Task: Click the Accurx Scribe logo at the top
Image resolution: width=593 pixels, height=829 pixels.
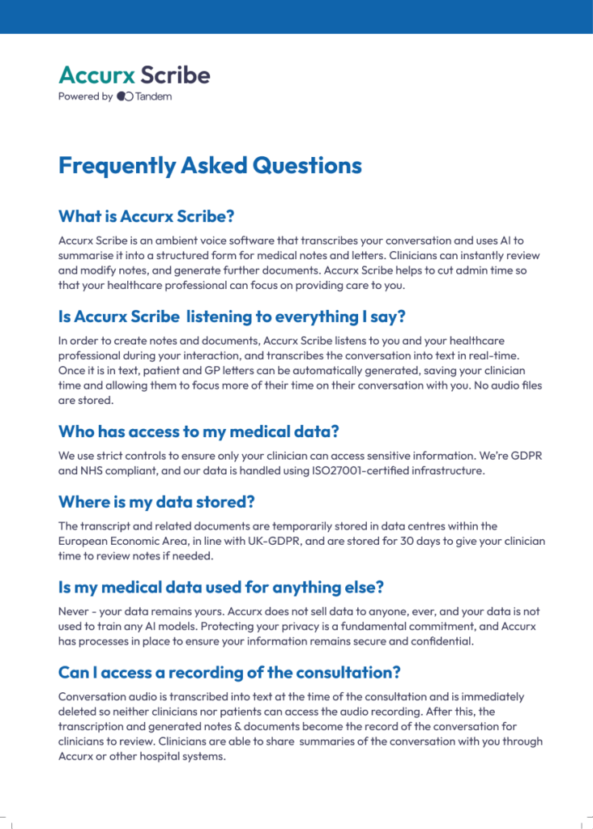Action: pyautogui.click(x=134, y=75)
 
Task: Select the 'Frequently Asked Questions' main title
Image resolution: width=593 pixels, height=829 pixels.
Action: pyautogui.click(x=210, y=166)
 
